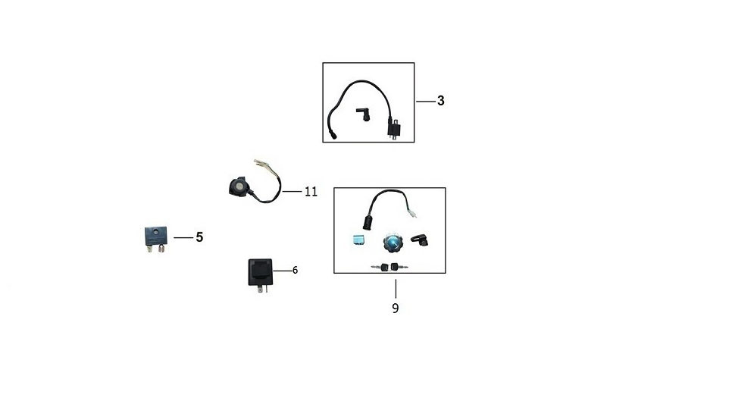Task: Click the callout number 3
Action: tap(441, 100)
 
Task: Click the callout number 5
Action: tap(199, 237)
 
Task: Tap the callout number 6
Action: tap(295, 270)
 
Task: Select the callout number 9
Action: tap(396, 308)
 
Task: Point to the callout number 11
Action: tap(311, 191)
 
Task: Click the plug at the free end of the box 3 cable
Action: tap(333, 136)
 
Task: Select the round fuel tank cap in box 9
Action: tap(393, 243)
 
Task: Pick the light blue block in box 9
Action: tap(358, 240)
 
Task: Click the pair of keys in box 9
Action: tap(389, 267)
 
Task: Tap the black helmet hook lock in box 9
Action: tap(420, 240)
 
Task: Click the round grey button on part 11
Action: tap(239, 185)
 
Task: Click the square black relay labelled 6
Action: tap(260, 271)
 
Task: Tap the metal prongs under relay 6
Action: tap(263, 289)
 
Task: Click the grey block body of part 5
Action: tap(155, 236)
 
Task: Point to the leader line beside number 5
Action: tap(183, 237)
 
